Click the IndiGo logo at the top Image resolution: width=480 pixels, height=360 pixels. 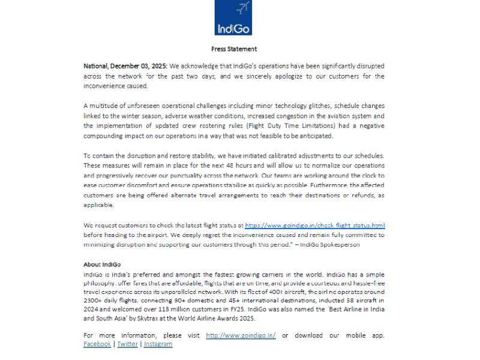233,17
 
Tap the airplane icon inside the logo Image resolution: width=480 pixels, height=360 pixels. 243,8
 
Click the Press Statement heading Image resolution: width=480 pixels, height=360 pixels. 234,49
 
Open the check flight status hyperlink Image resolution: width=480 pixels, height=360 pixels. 314,225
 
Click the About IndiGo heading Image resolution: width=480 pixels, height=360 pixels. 100,264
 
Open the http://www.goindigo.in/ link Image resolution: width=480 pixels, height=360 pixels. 241,335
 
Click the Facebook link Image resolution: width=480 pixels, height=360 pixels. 97,344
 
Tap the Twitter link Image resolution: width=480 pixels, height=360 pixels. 127,344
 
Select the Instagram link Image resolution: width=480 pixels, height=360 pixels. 158,344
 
